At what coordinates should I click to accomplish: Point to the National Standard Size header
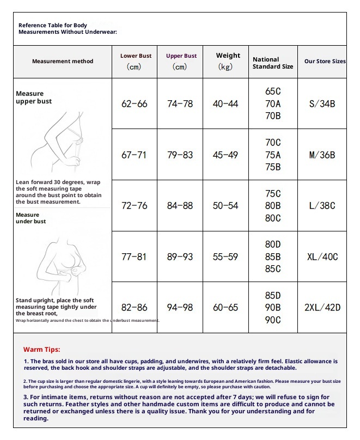point(272,63)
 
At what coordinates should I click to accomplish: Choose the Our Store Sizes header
point(325,62)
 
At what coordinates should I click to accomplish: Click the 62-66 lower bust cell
point(134,103)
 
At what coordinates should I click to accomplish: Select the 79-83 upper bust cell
point(180,155)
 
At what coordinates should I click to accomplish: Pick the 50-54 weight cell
point(225,206)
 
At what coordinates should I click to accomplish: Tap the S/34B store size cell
point(322,103)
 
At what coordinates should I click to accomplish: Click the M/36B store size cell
point(322,155)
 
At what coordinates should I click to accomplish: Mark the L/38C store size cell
point(322,206)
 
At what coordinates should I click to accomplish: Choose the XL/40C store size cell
point(322,256)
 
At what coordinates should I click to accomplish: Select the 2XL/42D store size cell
point(322,308)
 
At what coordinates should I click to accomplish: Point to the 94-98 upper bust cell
point(180,308)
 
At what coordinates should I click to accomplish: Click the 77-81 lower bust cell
point(134,256)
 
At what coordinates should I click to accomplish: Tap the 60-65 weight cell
point(225,308)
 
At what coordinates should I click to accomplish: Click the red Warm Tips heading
point(42,350)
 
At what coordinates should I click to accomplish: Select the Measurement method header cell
point(63,62)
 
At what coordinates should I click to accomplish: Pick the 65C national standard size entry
point(273,91)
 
